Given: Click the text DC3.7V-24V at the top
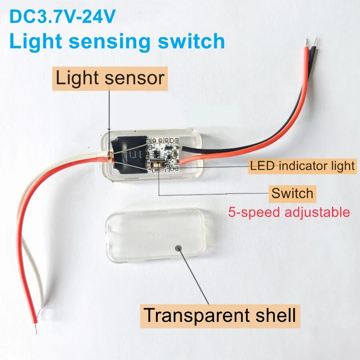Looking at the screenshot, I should (x=63, y=17).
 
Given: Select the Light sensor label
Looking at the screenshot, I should (x=110, y=77).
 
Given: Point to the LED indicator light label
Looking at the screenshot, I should (x=302, y=165).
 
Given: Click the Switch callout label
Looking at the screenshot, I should (x=293, y=193).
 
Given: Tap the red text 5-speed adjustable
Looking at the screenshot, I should (x=289, y=212).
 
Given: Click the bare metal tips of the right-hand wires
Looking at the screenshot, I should (x=313, y=41).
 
